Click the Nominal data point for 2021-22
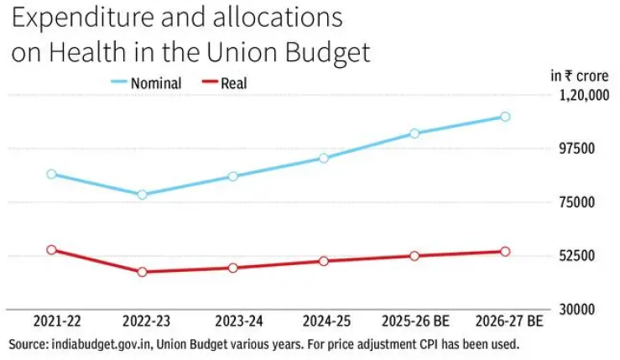pyautogui.click(x=51, y=175)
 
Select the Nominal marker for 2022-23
pyautogui.click(x=142, y=195)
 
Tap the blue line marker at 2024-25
pyautogui.click(x=324, y=158)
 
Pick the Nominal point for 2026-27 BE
pyautogui.click(x=505, y=117)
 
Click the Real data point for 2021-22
pyautogui.click(x=51, y=250)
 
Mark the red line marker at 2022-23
pyautogui.click(x=142, y=272)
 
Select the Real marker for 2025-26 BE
pyautogui.click(x=414, y=256)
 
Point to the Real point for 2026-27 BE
pyautogui.click(x=505, y=252)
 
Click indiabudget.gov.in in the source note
pyautogui.click(x=103, y=344)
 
